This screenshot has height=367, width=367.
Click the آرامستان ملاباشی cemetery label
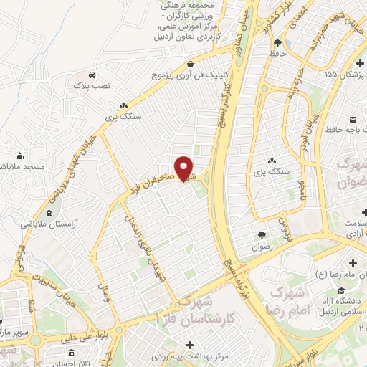(x=48, y=224)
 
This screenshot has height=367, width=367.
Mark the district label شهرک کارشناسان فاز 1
(x=204, y=314)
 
